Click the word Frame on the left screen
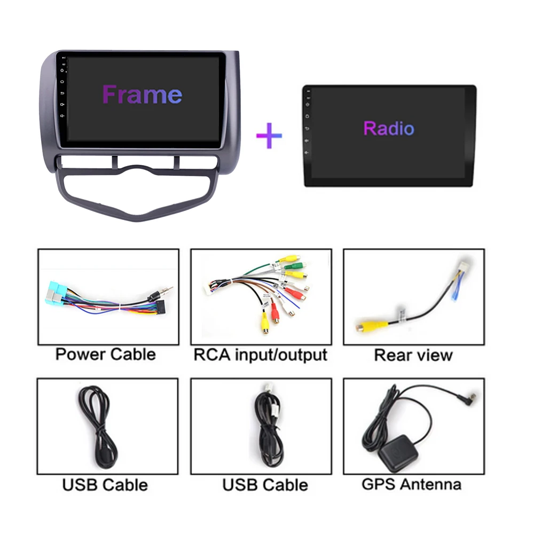click(143, 95)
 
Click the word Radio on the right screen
click(389, 128)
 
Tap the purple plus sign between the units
click(269, 136)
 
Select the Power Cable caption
click(106, 354)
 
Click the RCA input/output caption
click(261, 355)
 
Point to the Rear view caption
click(413, 355)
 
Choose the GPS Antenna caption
click(411, 484)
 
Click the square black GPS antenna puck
click(398, 453)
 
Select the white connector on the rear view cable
click(464, 267)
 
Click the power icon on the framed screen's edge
click(62, 70)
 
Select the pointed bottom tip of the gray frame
click(137, 219)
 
